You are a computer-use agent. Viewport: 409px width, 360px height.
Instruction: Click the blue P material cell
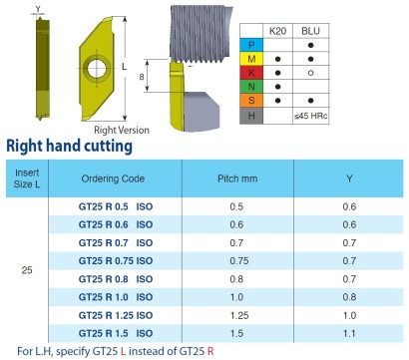[251, 45]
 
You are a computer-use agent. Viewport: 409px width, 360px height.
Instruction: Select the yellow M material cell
[251, 59]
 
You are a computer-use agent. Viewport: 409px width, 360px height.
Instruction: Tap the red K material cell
[251, 73]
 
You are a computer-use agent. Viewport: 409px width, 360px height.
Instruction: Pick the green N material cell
[251, 87]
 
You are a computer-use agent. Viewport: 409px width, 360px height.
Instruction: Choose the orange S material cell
[251, 100]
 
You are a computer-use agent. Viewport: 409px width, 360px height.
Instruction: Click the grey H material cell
[251, 116]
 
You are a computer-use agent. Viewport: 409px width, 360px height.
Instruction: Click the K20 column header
[277, 31]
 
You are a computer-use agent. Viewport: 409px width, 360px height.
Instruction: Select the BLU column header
[310, 31]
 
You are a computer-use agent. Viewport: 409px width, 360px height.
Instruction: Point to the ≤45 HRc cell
[310, 116]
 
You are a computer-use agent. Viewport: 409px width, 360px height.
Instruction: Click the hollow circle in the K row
[310, 73]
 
